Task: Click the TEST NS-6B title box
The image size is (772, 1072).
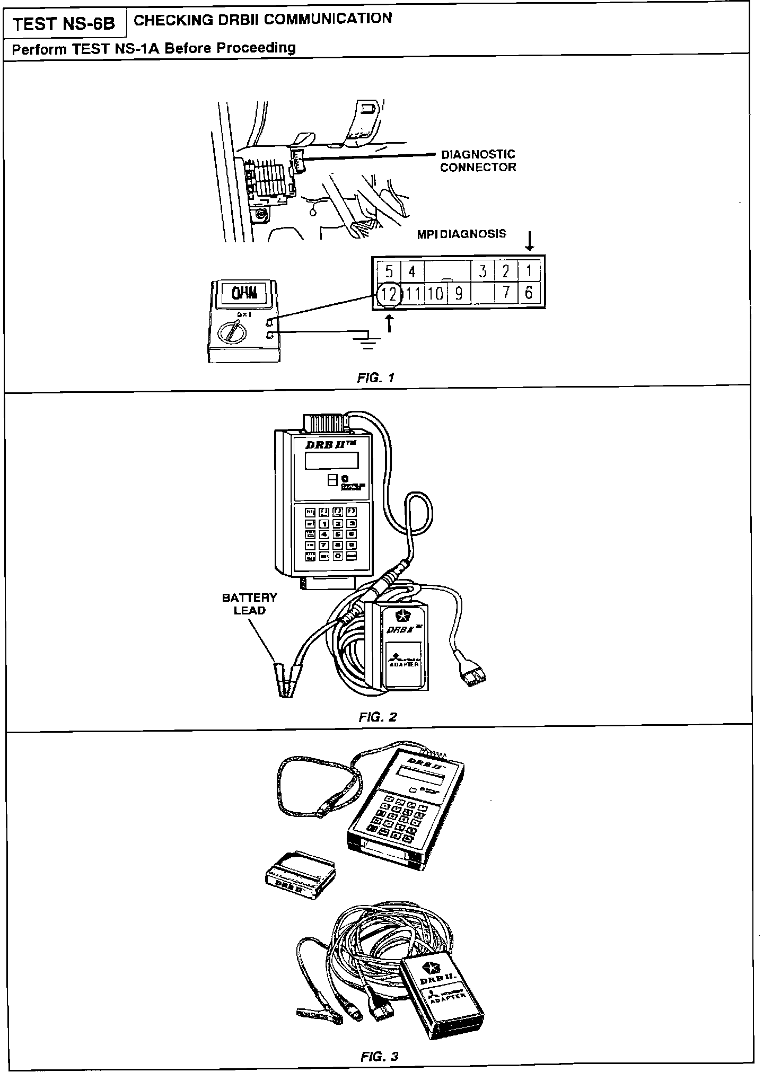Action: click(64, 24)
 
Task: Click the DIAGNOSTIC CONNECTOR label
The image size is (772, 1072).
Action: click(478, 161)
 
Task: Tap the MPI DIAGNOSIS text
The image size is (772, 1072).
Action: click(461, 234)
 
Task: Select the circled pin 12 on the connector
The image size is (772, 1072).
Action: click(389, 294)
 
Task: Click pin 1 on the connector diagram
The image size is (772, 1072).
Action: click(528, 271)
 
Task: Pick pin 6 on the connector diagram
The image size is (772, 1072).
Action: click(528, 293)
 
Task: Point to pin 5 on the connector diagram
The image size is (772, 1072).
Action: click(389, 272)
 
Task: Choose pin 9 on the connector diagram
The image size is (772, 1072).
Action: click(459, 294)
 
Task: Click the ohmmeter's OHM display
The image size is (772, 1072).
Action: click(244, 292)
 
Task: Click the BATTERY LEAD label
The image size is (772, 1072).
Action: click(249, 604)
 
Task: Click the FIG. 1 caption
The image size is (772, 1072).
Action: click(376, 378)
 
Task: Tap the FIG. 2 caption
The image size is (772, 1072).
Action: click(378, 717)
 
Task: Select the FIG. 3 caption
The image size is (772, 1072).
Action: click(379, 1057)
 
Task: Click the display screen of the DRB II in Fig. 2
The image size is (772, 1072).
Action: click(331, 460)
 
